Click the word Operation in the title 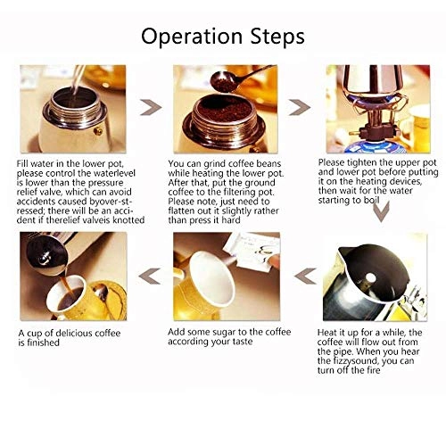(192, 37)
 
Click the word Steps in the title (277, 37)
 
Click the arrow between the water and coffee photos (151, 107)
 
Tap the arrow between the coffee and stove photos (300, 107)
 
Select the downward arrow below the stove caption (381, 211)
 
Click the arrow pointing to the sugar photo (305, 276)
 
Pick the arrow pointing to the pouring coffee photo (150, 276)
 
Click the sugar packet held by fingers (252, 250)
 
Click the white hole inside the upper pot (370, 278)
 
